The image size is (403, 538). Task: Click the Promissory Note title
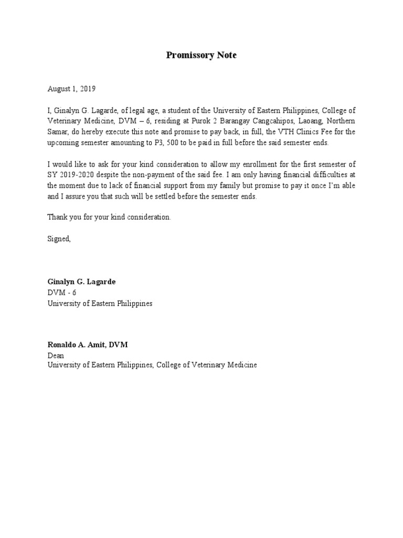tap(201, 55)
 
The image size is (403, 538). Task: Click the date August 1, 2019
tap(71, 89)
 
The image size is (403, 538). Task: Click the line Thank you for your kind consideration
tap(109, 217)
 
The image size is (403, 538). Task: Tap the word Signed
tap(59, 239)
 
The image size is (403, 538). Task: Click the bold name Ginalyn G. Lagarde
tap(81, 282)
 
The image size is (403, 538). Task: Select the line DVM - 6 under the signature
tap(62, 293)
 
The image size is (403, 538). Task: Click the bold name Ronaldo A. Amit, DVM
tap(88, 345)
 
